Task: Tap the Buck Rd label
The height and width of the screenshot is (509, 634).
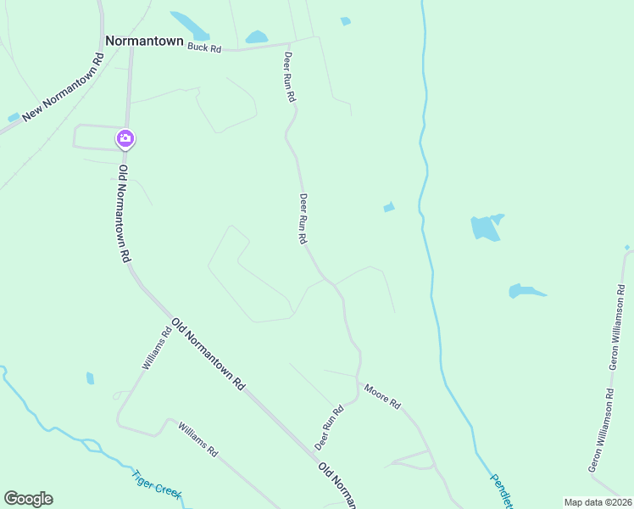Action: (x=204, y=48)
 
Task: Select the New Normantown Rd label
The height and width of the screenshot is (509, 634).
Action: (x=63, y=87)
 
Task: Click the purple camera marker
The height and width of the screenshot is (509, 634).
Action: (x=125, y=138)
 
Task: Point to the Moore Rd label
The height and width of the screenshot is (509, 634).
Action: (x=381, y=396)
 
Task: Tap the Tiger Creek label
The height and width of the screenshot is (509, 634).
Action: (x=157, y=485)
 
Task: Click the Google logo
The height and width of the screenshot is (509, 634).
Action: (x=28, y=499)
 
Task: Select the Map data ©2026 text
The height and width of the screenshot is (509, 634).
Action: (x=597, y=502)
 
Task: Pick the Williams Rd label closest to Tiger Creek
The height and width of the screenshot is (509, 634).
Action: (x=198, y=440)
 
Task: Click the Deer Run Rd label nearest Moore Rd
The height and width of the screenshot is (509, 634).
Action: (x=329, y=428)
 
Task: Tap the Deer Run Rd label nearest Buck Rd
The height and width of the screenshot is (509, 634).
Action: (x=289, y=76)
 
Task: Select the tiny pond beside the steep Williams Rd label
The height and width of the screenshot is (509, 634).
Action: (x=90, y=378)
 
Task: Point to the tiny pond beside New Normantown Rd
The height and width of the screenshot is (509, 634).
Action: (x=13, y=117)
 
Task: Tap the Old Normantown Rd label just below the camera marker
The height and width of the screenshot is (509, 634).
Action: (x=124, y=212)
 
